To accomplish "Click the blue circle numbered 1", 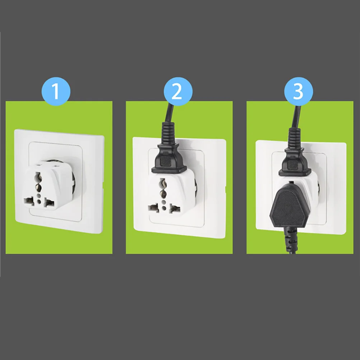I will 56,92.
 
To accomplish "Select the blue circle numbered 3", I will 299,92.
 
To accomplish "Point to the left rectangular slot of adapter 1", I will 27,202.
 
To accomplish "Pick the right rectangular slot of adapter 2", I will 175,208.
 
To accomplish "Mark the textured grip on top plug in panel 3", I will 294,163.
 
